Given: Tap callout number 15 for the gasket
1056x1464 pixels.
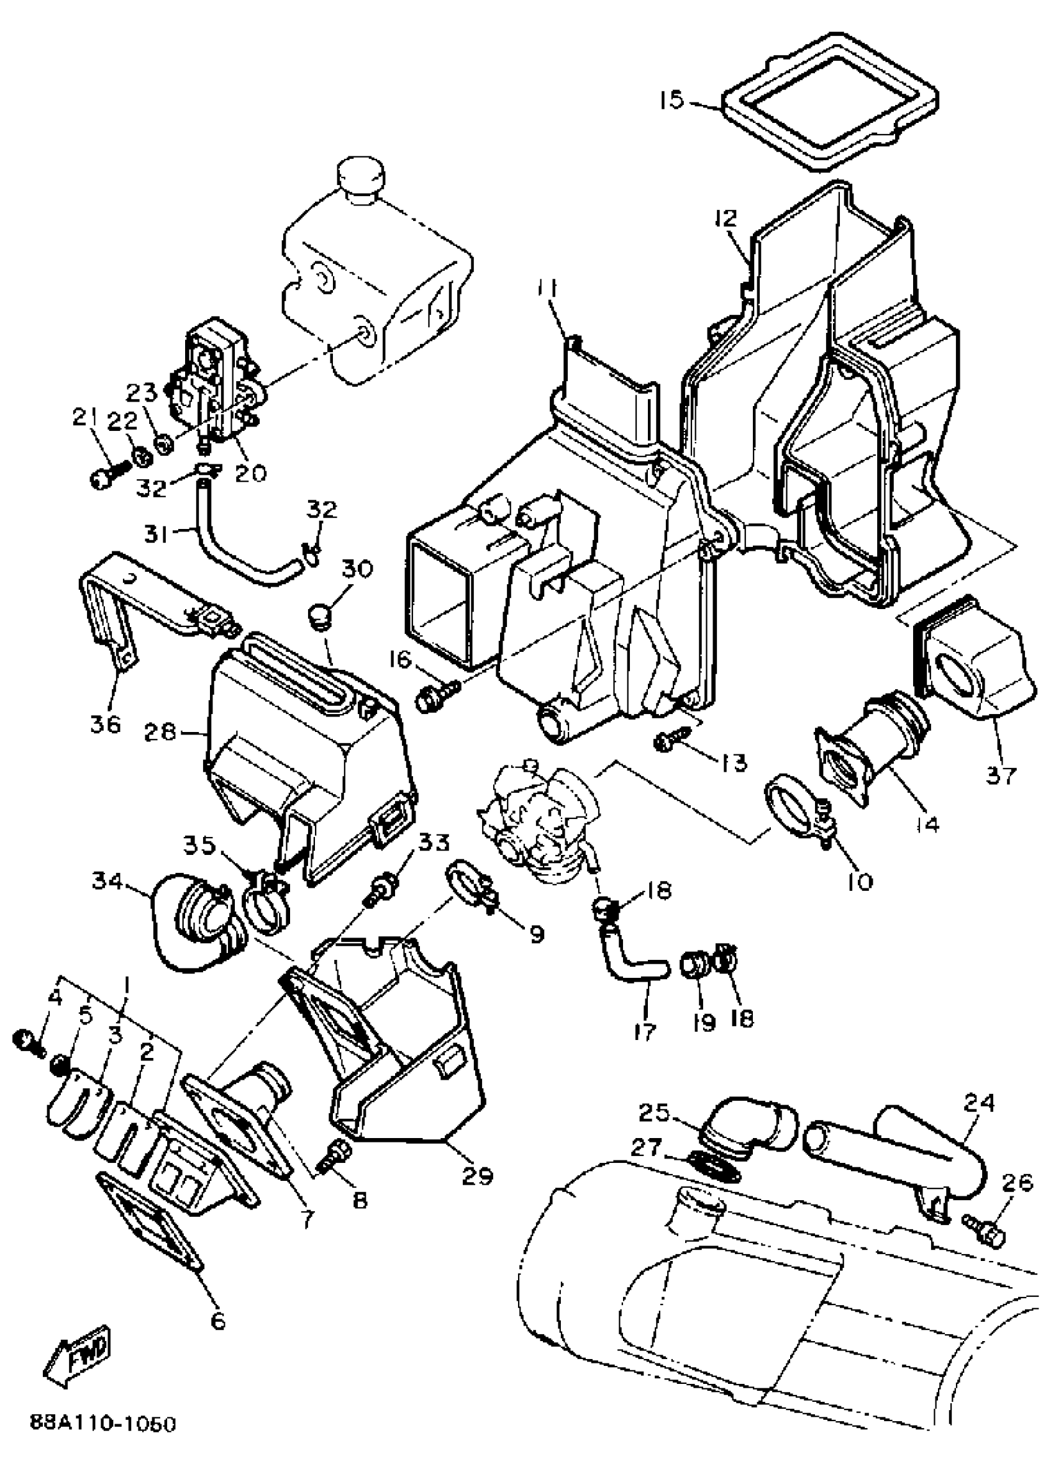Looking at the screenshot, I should (x=671, y=101).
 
